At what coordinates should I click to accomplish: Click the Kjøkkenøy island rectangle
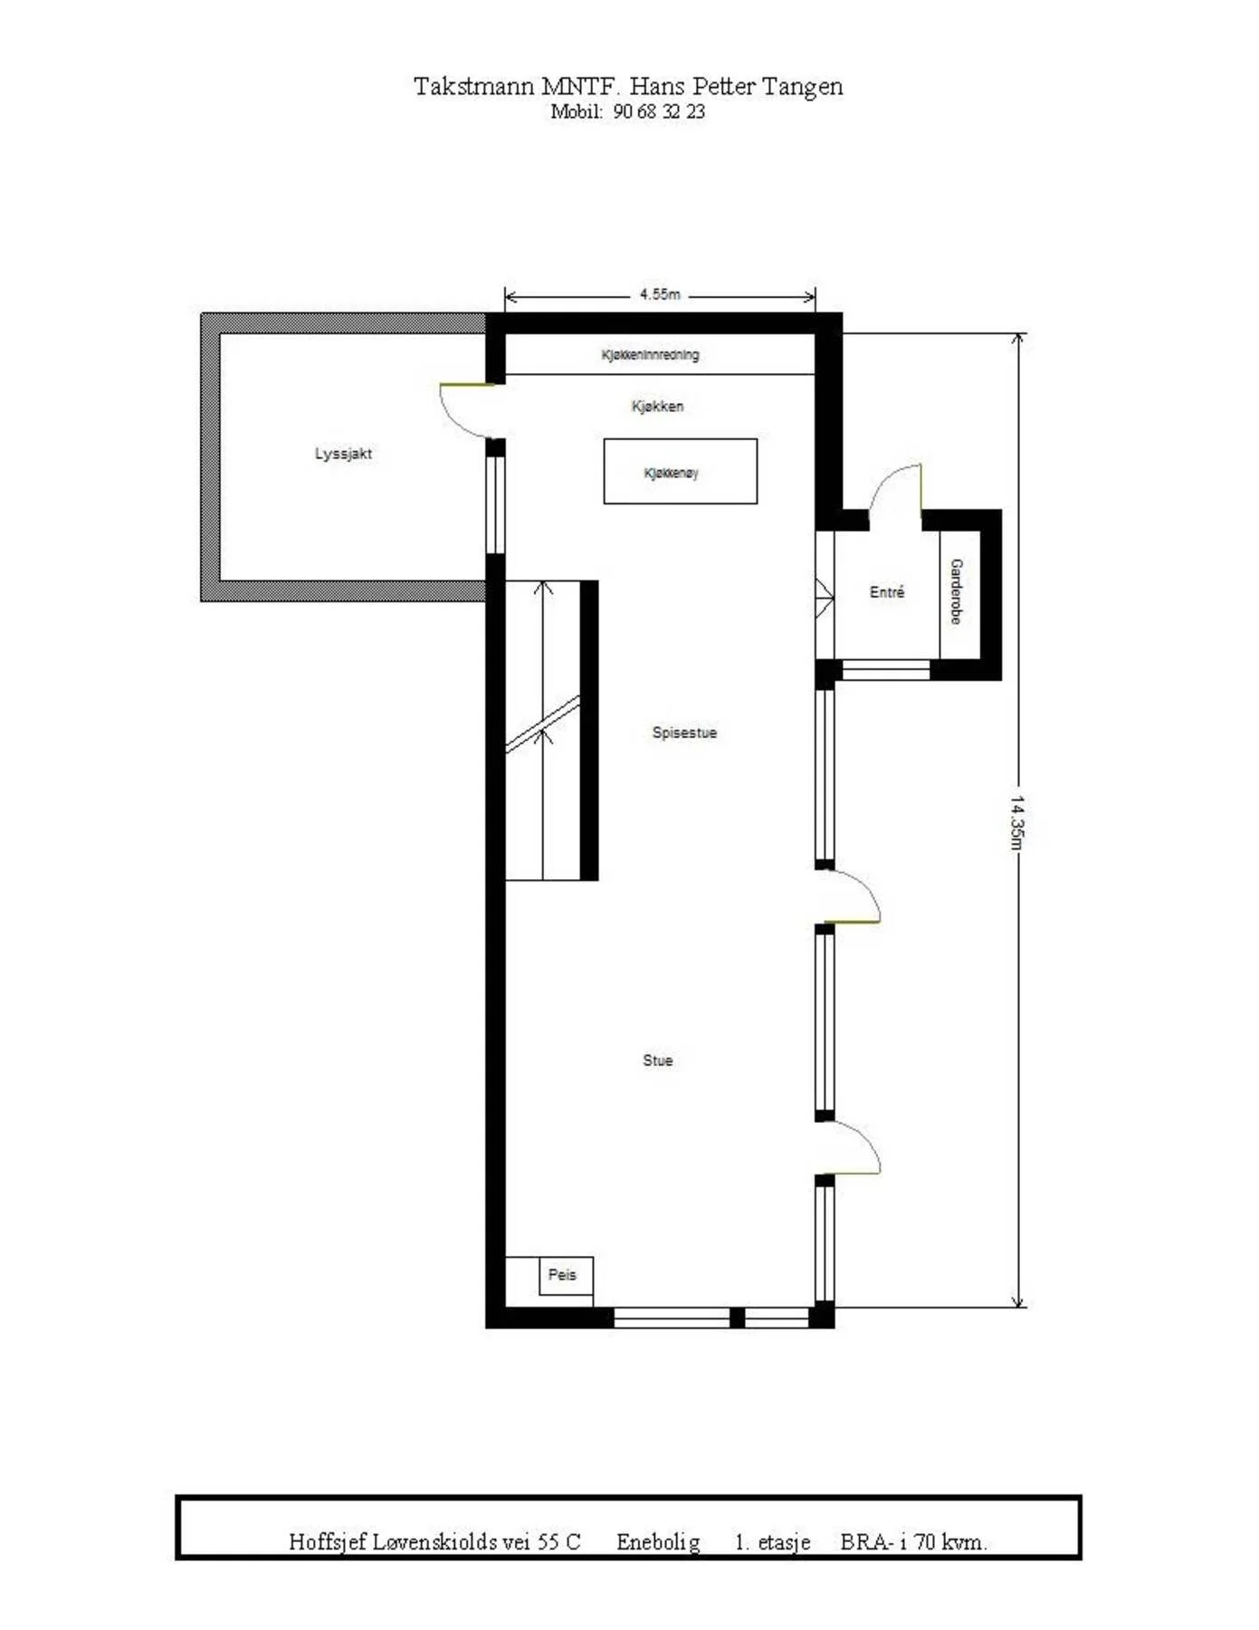click(x=680, y=471)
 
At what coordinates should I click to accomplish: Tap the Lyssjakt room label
click(x=343, y=454)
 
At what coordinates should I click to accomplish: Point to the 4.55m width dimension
click(x=660, y=294)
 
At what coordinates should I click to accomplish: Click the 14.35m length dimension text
click(x=1017, y=823)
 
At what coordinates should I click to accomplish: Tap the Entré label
click(x=887, y=592)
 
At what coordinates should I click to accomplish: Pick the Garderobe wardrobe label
click(x=956, y=591)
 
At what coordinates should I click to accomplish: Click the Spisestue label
click(x=684, y=733)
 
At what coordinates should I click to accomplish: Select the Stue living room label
click(x=658, y=1060)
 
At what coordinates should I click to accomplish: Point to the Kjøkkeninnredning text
click(x=650, y=355)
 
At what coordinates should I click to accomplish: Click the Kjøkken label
click(x=657, y=407)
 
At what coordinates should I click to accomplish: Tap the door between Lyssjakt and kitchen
click(x=467, y=409)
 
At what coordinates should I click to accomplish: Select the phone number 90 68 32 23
click(x=659, y=112)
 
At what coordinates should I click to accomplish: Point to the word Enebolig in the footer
click(x=658, y=1542)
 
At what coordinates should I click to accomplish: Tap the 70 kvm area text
click(x=950, y=1542)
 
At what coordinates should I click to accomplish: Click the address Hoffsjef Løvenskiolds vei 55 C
click(x=434, y=1542)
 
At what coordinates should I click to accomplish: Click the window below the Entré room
click(x=886, y=670)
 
